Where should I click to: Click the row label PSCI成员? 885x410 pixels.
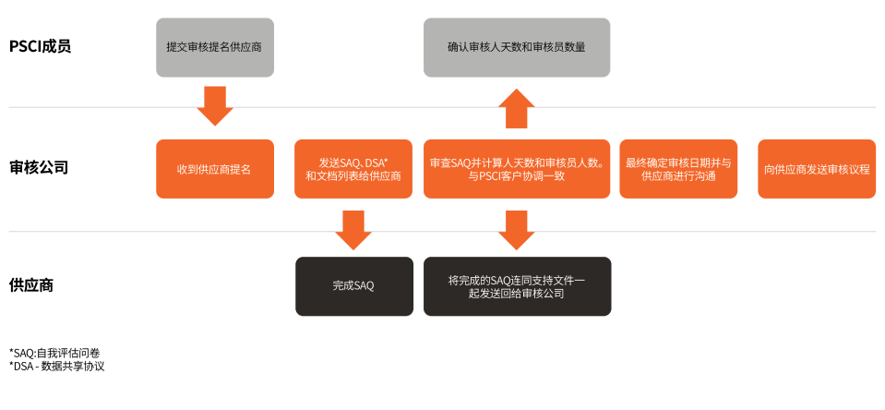click(40, 46)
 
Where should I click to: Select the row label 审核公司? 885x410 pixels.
click(39, 168)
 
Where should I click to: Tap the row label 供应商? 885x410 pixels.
click(31, 285)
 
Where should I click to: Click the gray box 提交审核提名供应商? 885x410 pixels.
click(214, 46)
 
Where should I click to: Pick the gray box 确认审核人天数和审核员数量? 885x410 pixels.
click(516, 46)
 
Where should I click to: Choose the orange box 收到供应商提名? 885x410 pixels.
click(214, 169)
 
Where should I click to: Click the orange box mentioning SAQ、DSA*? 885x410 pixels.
click(353, 169)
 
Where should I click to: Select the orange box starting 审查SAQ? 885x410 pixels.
click(516, 169)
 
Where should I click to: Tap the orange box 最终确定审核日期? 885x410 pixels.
click(678, 169)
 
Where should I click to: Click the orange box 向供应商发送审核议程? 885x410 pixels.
click(817, 169)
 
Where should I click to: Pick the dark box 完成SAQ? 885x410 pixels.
click(353, 286)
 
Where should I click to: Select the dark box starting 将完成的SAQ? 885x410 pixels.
click(516, 286)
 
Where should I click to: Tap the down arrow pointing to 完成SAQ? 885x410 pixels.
click(353, 229)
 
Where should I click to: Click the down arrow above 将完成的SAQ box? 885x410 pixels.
click(516, 229)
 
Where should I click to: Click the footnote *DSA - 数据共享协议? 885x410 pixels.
click(57, 367)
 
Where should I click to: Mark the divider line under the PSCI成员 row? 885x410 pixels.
click(442, 107)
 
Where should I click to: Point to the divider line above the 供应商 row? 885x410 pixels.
click(442, 232)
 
